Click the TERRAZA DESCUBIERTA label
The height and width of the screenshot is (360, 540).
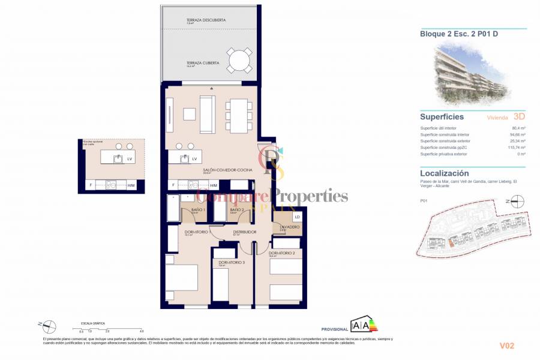[206, 20]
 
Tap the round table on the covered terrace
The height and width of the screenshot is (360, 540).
[239, 61]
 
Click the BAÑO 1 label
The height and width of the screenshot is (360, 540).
[199, 209]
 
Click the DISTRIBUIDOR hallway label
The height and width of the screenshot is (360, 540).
[245, 232]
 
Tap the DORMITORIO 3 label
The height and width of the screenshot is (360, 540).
[232, 262]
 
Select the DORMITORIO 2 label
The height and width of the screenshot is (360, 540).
[281, 253]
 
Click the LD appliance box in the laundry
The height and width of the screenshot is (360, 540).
[297, 217]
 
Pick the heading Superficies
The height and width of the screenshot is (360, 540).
[442, 116]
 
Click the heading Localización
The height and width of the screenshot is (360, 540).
[445, 173]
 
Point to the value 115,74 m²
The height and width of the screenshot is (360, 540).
[515, 148]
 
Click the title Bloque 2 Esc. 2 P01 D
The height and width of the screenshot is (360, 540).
[459, 34]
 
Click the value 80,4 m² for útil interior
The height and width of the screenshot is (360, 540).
[518, 128]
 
